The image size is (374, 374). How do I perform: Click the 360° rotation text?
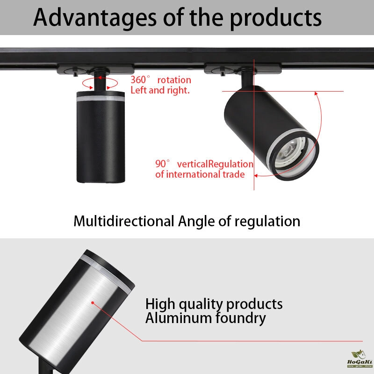160,80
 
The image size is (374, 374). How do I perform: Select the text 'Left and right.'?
160,90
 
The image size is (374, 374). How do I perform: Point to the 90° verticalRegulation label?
204,164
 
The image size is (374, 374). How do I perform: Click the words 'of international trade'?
200,174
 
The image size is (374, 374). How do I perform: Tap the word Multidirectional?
124,221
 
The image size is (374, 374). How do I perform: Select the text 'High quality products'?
214,304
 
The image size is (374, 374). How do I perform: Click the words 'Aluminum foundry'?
206,318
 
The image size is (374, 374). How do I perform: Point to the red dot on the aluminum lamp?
93,302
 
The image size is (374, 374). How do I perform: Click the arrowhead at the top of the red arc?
316,93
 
